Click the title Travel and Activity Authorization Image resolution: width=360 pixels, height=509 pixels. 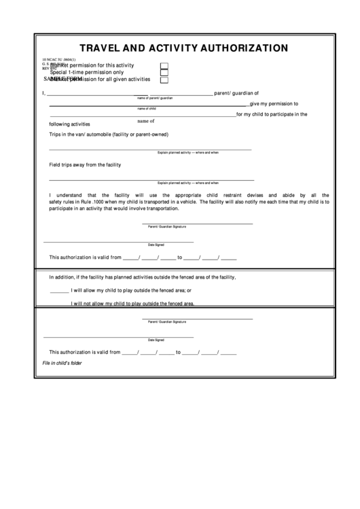click(184, 48)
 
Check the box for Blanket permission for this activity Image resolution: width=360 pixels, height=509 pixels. click(164, 65)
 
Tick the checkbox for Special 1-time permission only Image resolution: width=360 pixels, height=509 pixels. click(164, 72)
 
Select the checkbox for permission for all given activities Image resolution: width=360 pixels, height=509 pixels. click(164, 80)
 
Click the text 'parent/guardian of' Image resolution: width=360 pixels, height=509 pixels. click(236, 94)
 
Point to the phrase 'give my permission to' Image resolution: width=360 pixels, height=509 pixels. click(274, 103)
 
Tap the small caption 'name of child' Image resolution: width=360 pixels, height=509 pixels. click(147, 108)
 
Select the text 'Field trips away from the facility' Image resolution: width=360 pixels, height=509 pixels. click(85, 164)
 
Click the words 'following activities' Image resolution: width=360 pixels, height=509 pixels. click(69, 124)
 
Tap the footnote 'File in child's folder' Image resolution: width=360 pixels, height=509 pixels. click(62, 363)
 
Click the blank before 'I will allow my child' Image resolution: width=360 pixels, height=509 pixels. click(59, 290)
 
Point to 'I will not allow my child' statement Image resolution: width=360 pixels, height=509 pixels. click(133, 303)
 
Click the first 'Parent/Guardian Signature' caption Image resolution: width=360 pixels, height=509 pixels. click(167, 226)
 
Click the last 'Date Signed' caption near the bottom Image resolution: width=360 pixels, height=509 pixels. click(156, 340)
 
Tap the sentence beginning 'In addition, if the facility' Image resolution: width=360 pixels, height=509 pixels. click(142, 277)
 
